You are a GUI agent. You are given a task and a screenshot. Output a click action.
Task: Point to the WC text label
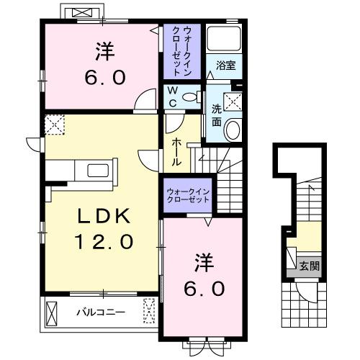(x=174, y=96)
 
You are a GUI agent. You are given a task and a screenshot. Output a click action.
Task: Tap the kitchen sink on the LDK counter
(x=96, y=170)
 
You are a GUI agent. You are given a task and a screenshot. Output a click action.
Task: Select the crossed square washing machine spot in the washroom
(x=232, y=102)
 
